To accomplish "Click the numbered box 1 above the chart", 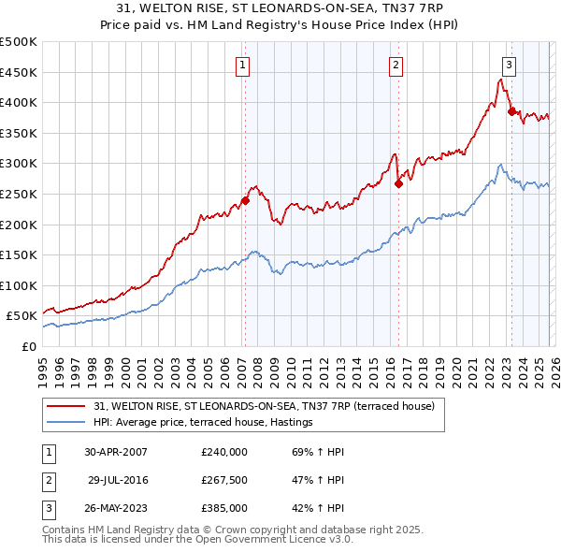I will click(x=242, y=65).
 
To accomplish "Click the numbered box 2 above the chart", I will click(x=396, y=65).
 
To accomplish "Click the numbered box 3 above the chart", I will click(x=509, y=65).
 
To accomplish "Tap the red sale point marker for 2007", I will click(x=245, y=200).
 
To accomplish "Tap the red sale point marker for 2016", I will click(x=398, y=183).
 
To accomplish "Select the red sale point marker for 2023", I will click(x=511, y=111).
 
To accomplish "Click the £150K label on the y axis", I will click(x=19, y=254).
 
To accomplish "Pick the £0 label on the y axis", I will click(x=28, y=346).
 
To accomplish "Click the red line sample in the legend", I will click(x=66, y=406).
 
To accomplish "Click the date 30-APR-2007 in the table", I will click(x=116, y=452).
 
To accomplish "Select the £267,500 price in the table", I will click(x=223, y=480).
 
